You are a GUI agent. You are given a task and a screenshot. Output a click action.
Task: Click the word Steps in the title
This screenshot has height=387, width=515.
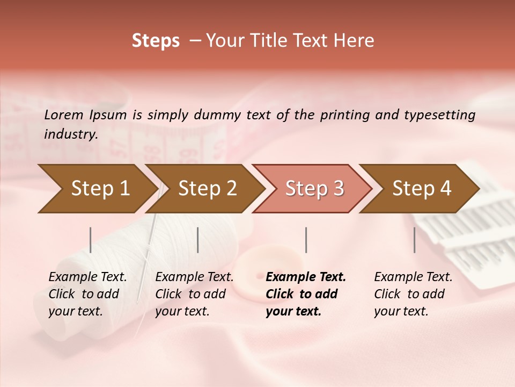tap(156, 41)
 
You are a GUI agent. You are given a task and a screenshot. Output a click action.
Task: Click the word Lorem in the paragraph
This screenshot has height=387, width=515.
tap(64, 114)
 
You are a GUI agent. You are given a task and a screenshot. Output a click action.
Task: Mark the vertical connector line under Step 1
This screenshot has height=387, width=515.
tap(91, 240)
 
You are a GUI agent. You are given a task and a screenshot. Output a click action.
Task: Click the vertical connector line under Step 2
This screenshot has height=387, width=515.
tap(198, 240)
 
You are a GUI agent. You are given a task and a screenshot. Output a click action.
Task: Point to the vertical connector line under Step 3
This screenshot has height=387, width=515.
tap(306, 240)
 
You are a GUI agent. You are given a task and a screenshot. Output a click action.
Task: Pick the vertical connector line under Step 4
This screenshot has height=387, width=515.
tap(414, 240)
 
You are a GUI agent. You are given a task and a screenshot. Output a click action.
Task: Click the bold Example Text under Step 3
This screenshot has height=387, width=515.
tap(306, 277)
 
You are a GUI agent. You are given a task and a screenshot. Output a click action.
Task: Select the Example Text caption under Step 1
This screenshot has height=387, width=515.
tap(87, 277)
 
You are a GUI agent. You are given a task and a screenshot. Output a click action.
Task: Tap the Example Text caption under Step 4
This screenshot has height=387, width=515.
tap(413, 277)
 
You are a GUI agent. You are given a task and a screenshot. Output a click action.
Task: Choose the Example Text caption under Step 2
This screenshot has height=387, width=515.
tap(194, 277)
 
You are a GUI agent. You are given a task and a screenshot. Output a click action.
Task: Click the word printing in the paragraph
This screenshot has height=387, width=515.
tap(345, 114)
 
